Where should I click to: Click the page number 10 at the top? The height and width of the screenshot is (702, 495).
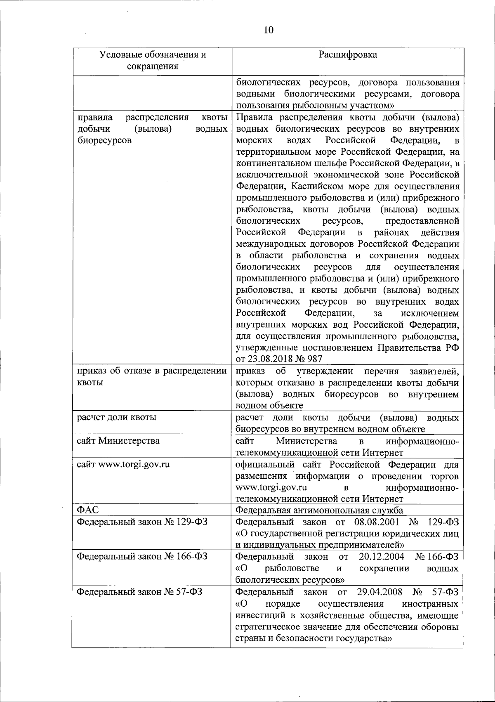tap(268, 30)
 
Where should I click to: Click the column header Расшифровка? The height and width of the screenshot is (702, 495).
tap(348, 54)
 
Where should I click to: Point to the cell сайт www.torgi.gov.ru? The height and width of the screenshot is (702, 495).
tap(124, 464)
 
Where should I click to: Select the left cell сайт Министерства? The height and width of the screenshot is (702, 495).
tap(118, 441)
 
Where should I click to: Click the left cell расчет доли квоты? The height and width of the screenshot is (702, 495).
tap(117, 417)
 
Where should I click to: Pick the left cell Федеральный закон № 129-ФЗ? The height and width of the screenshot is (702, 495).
tap(142, 522)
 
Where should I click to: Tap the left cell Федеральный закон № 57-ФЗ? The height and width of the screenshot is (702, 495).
tap(140, 592)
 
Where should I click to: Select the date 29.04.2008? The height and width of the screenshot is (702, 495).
tap(379, 592)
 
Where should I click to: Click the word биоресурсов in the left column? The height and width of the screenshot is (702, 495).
tap(104, 140)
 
